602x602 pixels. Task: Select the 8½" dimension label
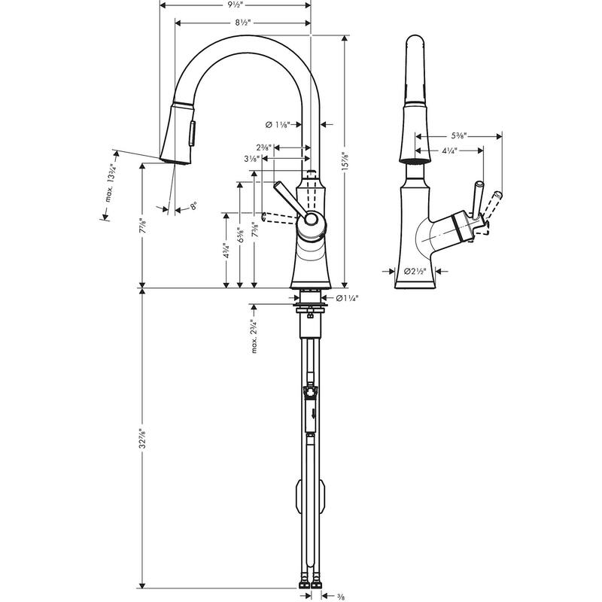[x=242, y=23]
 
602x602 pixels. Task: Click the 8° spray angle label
[x=193, y=205]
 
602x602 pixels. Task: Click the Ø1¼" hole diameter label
[x=345, y=299]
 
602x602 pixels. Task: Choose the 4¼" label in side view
[x=450, y=150]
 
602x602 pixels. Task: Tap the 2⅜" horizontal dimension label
[x=264, y=147]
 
